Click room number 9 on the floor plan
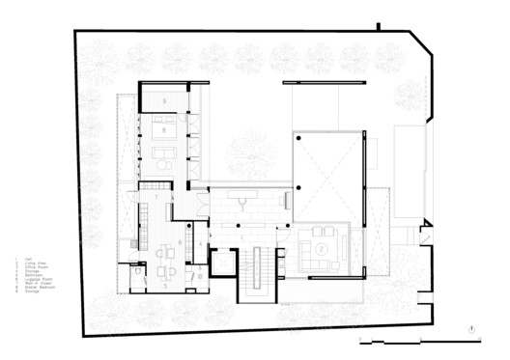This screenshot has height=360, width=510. [x=165, y=100]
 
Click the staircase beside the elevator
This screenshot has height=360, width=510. [x=259, y=271]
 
